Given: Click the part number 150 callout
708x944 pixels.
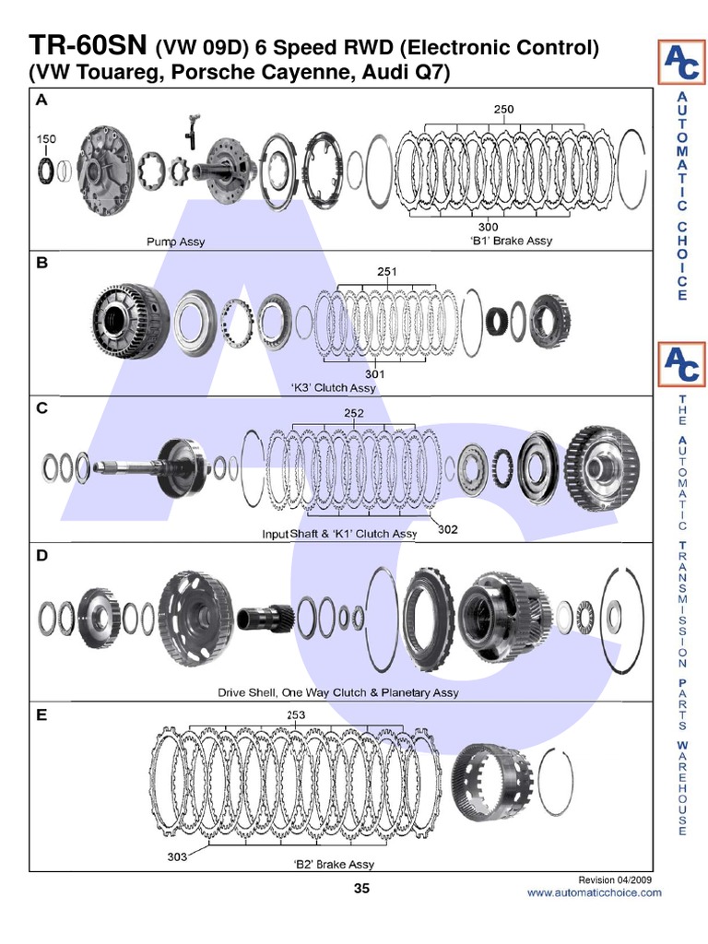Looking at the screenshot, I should coord(46,139).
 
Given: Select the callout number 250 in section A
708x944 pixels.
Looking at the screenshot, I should coord(503,109).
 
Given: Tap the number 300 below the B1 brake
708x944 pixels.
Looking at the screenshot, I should coord(488,227).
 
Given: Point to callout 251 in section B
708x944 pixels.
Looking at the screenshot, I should coord(387,271).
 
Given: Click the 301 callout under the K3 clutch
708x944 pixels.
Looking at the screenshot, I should coord(374,374).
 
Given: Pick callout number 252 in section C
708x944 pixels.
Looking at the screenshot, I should coord(354,414).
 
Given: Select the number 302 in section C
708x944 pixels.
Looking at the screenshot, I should coord(447,530).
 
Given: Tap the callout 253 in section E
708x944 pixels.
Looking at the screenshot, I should coord(296,714).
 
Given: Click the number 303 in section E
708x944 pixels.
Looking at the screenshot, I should coord(178,856).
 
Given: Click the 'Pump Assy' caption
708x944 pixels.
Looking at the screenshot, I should coord(176,242).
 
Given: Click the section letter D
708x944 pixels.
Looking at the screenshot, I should coord(41,556).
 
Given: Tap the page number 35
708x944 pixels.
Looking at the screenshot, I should coord(361,889).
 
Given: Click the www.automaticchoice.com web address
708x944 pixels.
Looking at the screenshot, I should coord(594,892).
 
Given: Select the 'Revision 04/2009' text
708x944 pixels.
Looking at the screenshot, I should coord(614,879).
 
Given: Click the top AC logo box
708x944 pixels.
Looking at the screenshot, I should coord(681,62).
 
